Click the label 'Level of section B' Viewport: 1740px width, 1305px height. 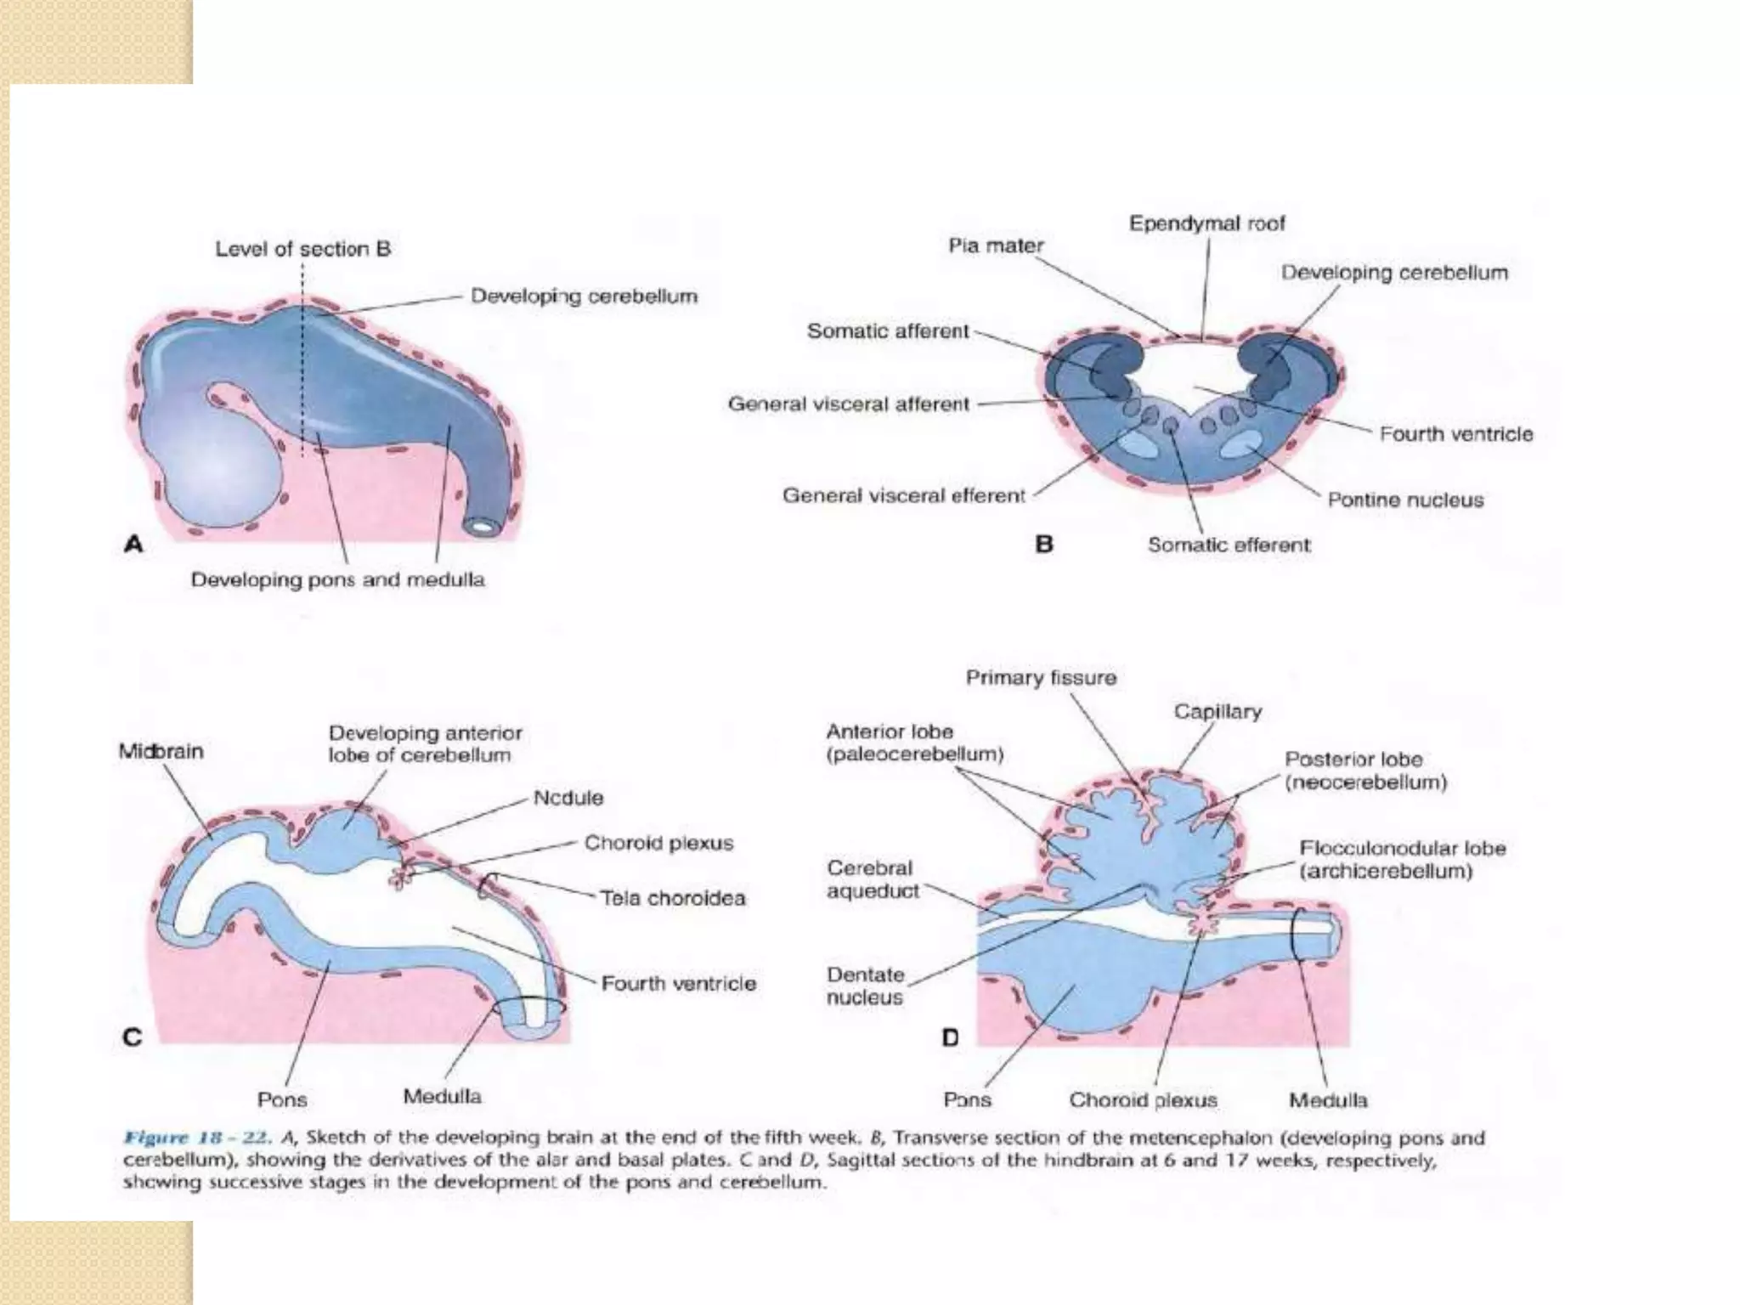302,249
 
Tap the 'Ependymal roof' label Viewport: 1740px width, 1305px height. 1206,223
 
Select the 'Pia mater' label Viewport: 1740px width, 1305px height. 996,246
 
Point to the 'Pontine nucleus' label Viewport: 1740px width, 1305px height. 1405,500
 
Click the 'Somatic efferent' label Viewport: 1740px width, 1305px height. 1229,545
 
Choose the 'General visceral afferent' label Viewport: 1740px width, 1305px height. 848,404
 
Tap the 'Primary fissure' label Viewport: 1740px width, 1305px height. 1041,677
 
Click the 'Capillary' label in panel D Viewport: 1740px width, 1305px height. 1217,711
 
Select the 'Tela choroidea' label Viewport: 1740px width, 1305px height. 672,898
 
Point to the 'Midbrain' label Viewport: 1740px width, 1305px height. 161,751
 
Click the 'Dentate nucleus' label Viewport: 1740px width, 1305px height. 865,986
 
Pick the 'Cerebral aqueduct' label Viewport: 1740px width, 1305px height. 873,879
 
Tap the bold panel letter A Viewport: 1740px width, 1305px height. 133,544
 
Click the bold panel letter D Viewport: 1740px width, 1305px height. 950,1037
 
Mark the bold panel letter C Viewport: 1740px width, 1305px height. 133,1037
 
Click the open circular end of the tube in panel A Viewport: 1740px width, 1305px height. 482,527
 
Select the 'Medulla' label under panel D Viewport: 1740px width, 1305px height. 1328,1100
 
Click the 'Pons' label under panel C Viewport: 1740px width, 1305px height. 282,1099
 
